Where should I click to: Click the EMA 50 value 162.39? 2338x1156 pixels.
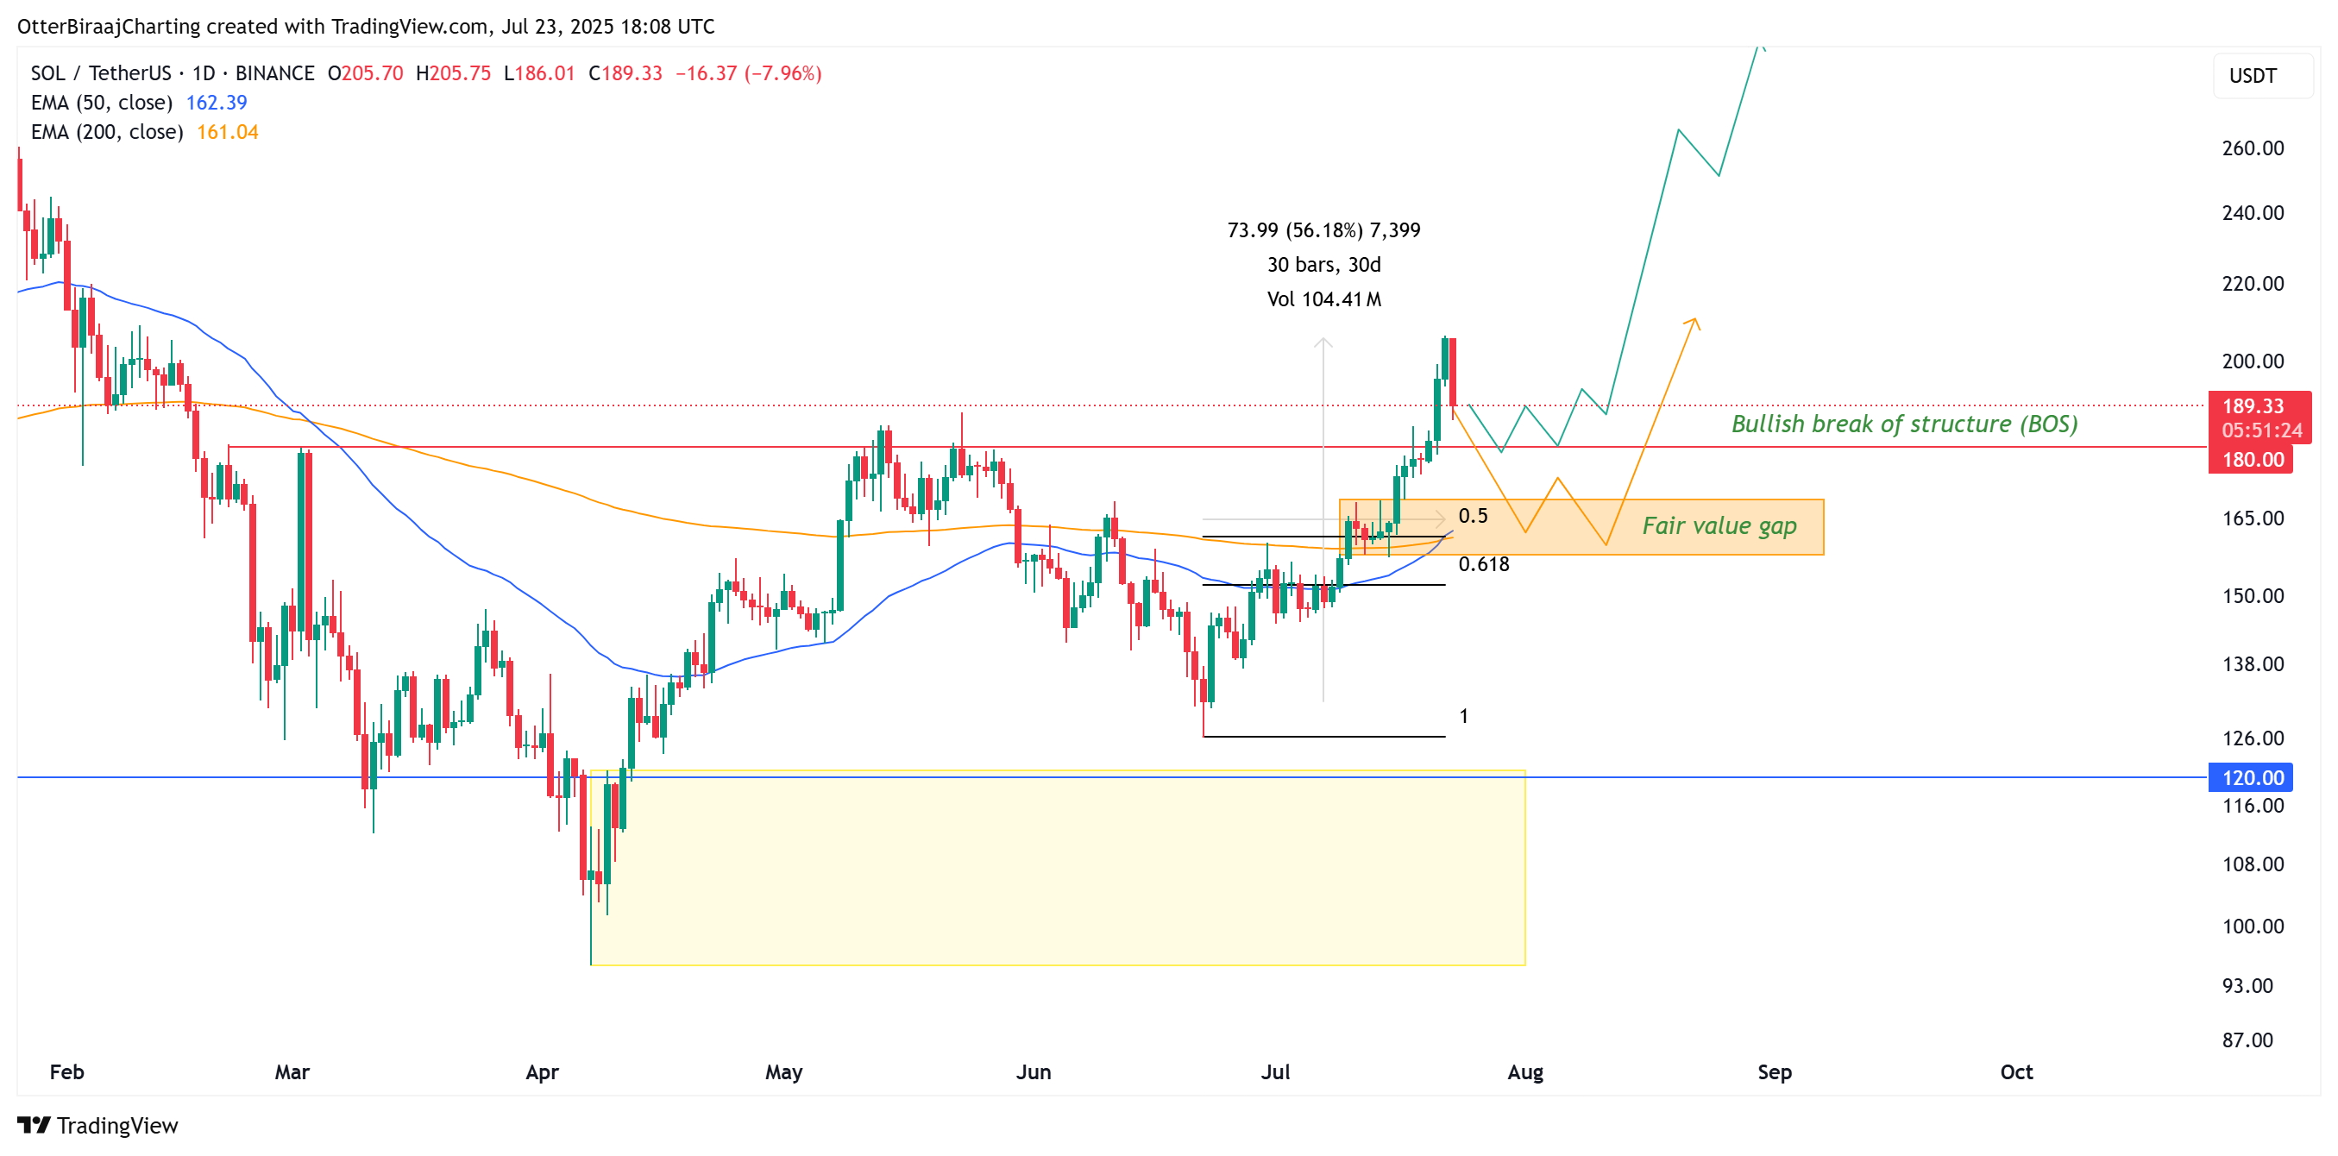pos(216,103)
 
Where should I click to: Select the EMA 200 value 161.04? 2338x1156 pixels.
pos(227,133)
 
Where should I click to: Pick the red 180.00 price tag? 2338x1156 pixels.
pos(2252,459)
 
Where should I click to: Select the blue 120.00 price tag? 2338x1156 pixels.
pos(2252,777)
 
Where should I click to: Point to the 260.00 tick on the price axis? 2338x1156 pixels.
pos(2252,148)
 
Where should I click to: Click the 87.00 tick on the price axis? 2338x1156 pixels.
pos(2247,1040)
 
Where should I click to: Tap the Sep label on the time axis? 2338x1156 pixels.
pos(1774,1072)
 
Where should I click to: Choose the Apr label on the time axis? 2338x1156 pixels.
pos(542,1072)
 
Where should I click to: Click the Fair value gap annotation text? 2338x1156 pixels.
pos(1719,526)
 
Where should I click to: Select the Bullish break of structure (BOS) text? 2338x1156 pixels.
pos(1904,424)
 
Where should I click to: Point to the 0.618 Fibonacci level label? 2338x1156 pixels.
pos(1483,564)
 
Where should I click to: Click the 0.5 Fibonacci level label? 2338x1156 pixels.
pos(1472,516)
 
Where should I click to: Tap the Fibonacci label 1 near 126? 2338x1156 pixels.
pos(1463,716)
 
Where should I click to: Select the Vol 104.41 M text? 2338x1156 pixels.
pos(1323,299)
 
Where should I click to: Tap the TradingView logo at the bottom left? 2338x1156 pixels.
pos(98,1125)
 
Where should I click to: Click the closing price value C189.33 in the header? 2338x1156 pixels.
pos(625,73)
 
